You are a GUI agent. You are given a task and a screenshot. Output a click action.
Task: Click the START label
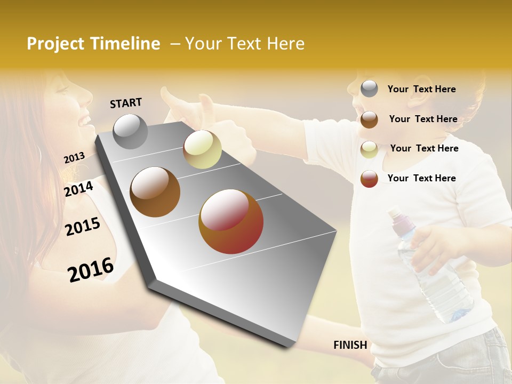126,103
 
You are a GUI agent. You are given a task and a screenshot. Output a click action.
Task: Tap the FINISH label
350,345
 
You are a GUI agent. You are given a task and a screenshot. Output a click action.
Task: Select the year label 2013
74,158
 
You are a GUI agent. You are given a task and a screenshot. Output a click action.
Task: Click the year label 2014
79,189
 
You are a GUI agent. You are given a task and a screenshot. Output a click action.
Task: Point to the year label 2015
83,227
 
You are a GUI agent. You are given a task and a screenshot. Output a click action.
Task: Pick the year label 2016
91,269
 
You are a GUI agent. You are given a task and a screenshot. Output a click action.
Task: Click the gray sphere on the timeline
130,131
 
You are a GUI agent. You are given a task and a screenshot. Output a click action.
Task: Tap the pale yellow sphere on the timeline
202,149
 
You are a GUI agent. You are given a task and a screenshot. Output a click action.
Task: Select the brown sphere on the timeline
155,192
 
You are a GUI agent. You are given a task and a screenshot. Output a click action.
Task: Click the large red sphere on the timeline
231,221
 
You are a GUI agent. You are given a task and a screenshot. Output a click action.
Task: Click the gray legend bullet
369,89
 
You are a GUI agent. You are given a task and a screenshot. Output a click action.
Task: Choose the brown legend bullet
369,119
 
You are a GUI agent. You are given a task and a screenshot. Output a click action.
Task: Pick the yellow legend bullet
369,149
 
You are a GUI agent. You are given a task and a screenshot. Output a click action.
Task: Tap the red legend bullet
369,178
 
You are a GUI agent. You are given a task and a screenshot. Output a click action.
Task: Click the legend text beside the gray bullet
421,89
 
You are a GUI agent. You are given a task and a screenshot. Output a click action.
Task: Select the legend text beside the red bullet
421,178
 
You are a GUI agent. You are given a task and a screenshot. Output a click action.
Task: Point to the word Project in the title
55,44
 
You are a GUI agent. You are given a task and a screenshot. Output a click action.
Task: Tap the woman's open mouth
85,121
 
